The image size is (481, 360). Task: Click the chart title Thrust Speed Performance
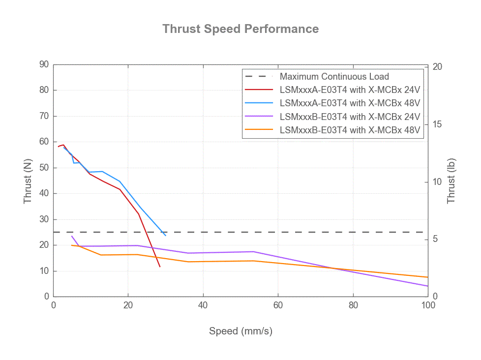click(240, 29)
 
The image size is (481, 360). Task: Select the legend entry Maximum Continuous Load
click(334, 76)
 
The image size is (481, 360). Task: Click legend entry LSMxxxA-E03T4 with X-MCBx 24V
click(350, 90)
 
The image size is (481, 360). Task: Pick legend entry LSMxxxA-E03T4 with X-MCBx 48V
click(350, 103)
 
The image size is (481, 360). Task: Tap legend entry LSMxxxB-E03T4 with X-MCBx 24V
click(350, 117)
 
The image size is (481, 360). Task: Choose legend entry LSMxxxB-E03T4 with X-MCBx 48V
click(350, 130)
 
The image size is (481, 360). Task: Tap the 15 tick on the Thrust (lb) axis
click(436, 124)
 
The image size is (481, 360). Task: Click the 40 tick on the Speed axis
click(203, 305)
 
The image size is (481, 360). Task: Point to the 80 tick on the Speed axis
click(353, 305)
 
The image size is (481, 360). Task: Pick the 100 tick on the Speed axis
click(428, 305)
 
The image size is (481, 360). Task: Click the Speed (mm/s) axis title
click(240, 331)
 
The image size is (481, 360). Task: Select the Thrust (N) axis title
click(28, 180)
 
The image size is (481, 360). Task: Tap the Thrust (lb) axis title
click(451, 180)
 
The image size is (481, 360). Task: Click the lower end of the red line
click(160, 267)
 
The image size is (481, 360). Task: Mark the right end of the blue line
click(166, 236)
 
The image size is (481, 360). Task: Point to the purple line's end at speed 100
click(428, 286)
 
